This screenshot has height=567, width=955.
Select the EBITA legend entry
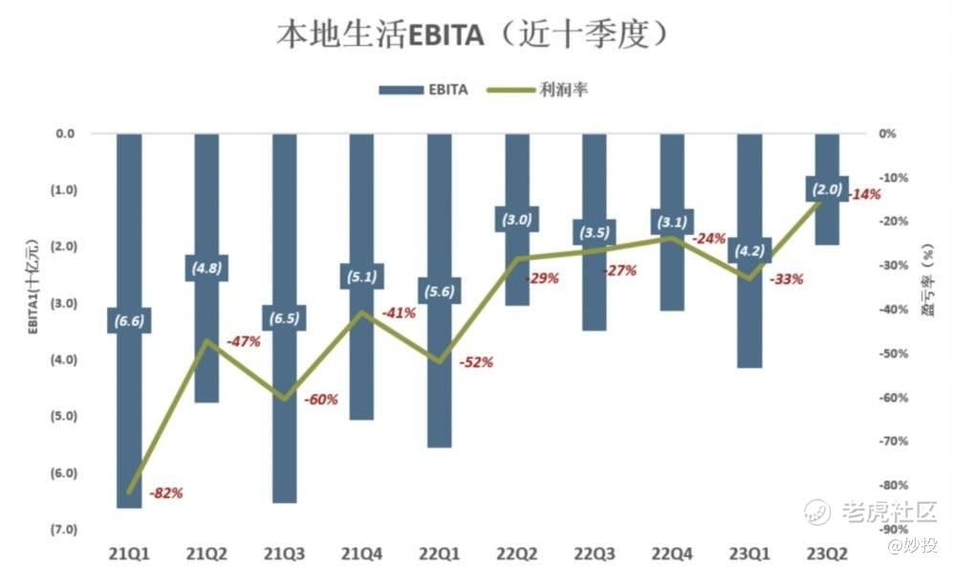click(423, 90)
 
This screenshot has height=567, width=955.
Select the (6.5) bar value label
click(284, 318)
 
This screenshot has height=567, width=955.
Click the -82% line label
click(166, 493)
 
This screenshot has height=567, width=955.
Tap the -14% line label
click(864, 194)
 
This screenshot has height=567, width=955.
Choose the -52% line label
click(476, 362)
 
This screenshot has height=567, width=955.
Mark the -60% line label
click(320, 400)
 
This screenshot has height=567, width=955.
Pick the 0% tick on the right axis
click(887, 134)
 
